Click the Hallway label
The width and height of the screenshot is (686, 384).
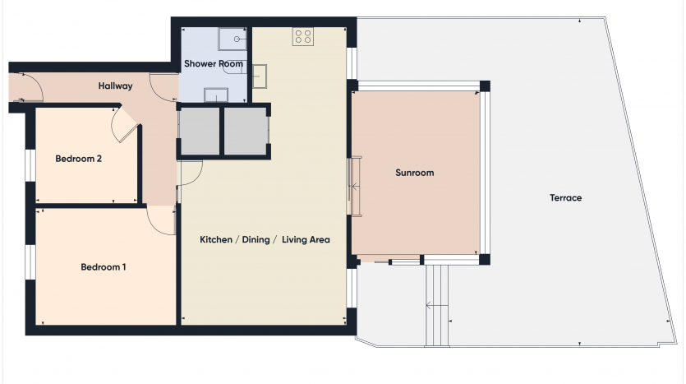pos(115,86)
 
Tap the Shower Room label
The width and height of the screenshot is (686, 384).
pos(214,64)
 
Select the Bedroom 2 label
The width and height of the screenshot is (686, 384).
pos(78,159)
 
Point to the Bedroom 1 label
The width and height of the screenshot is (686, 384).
pos(104,267)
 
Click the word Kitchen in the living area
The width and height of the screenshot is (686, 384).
pos(216,239)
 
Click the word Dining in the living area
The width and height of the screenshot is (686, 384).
pos(256,239)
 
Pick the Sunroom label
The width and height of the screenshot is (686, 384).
pos(415,173)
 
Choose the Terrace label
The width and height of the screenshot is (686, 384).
pos(566,198)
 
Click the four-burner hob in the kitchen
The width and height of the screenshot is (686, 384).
pos(303,36)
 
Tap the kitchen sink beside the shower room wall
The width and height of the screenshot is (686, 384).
pos(260,76)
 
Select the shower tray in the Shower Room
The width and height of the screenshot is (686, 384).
pos(233,39)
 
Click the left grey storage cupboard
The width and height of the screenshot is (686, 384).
pos(200,132)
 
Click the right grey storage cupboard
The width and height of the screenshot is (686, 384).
pos(246,132)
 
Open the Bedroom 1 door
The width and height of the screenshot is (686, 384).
pos(161,220)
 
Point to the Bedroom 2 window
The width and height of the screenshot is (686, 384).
pos(30,165)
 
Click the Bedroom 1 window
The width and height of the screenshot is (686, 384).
pos(30,262)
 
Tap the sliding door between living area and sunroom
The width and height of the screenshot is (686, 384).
pos(354,186)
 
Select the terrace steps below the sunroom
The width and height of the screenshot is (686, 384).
pos(437,306)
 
